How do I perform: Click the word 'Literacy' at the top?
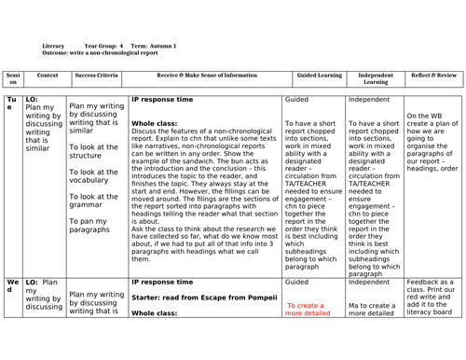54,44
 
